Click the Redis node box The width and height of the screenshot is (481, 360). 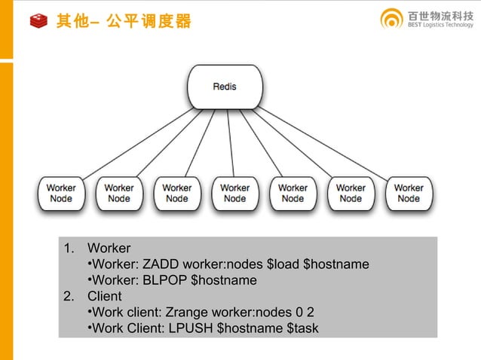pyautogui.click(x=225, y=87)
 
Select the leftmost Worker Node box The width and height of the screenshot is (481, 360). pyautogui.click(x=61, y=194)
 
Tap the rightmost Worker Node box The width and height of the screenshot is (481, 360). pyautogui.click(x=408, y=194)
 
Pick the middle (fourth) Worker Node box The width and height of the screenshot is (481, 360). pyautogui.click(x=234, y=194)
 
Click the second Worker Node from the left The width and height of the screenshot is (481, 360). pyautogui.click(x=119, y=194)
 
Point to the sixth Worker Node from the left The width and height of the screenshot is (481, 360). pyautogui.click(x=351, y=194)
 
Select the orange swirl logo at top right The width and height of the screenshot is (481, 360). pyautogui.click(x=391, y=19)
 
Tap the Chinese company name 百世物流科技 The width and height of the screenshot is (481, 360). pyautogui.click(x=440, y=14)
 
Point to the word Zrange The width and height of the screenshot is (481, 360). pyautogui.click(x=184, y=312)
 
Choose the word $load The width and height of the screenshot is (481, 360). pyautogui.click(x=283, y=264)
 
